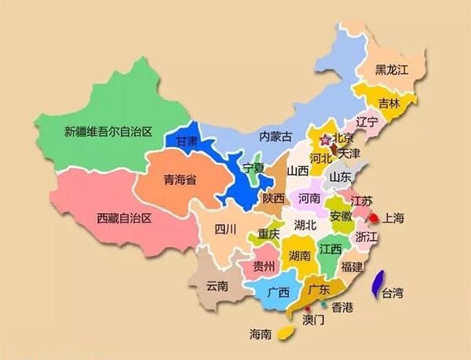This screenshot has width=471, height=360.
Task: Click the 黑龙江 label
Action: pyautogui.click(x=392, y=71)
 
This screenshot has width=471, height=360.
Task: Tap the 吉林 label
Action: pyautogui.click(x=389, y=103)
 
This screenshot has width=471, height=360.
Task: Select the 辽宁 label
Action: pyautogui.click(x=367, y=122)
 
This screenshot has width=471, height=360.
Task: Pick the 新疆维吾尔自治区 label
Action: pyautogui.click(x=107, y=131)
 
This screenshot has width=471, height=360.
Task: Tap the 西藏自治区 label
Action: pyautogui.click(x=123, y=217)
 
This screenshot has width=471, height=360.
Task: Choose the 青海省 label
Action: pyautogui.click(x=180, y=180)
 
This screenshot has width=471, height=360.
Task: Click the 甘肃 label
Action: pyautogui.click(x=187, y=142)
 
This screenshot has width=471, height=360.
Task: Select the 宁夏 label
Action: pyautogui.click(x=254, y=168)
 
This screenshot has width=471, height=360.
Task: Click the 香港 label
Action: pyautogui.click(x=343, y=306)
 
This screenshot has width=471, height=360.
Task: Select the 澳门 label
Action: pyautogui.click(x=313, y=319)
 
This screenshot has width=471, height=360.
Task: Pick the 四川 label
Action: pyautogui.click(x=225, y=230)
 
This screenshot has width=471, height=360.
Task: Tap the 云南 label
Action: pyautogui.click(x=216, y=286)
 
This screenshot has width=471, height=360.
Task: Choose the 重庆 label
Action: pyautogui.click(x=268, y=234)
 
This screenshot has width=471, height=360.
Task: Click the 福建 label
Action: pyautogui.click(x=352, y=267)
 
